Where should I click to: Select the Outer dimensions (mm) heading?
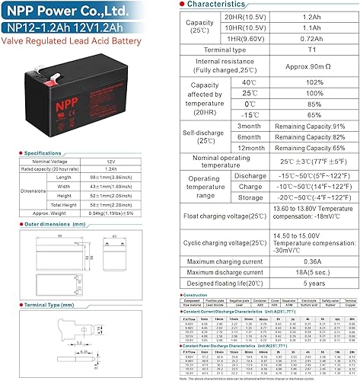point(46,226)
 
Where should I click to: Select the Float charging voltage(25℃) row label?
point(221,215)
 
